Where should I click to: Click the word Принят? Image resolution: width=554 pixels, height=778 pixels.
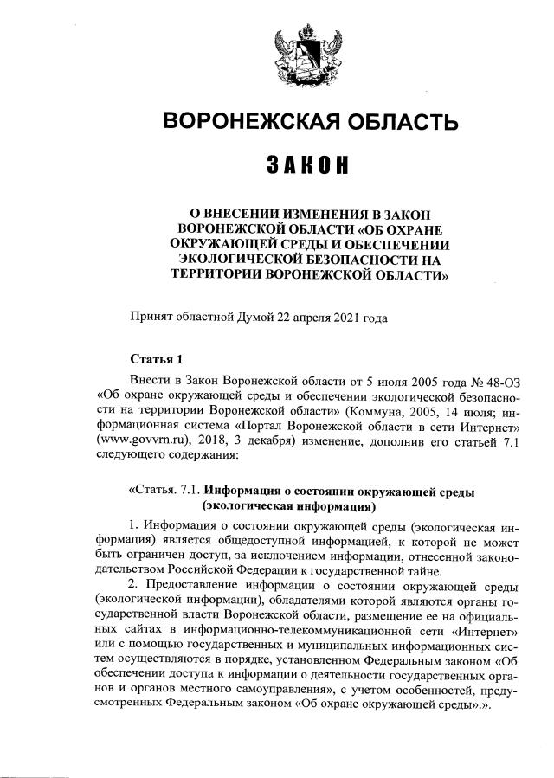click(x=149, y=317)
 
